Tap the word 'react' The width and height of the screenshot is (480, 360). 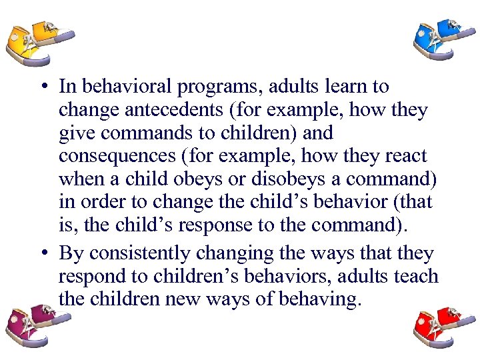[403, 155]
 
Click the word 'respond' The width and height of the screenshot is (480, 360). [89, 277]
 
